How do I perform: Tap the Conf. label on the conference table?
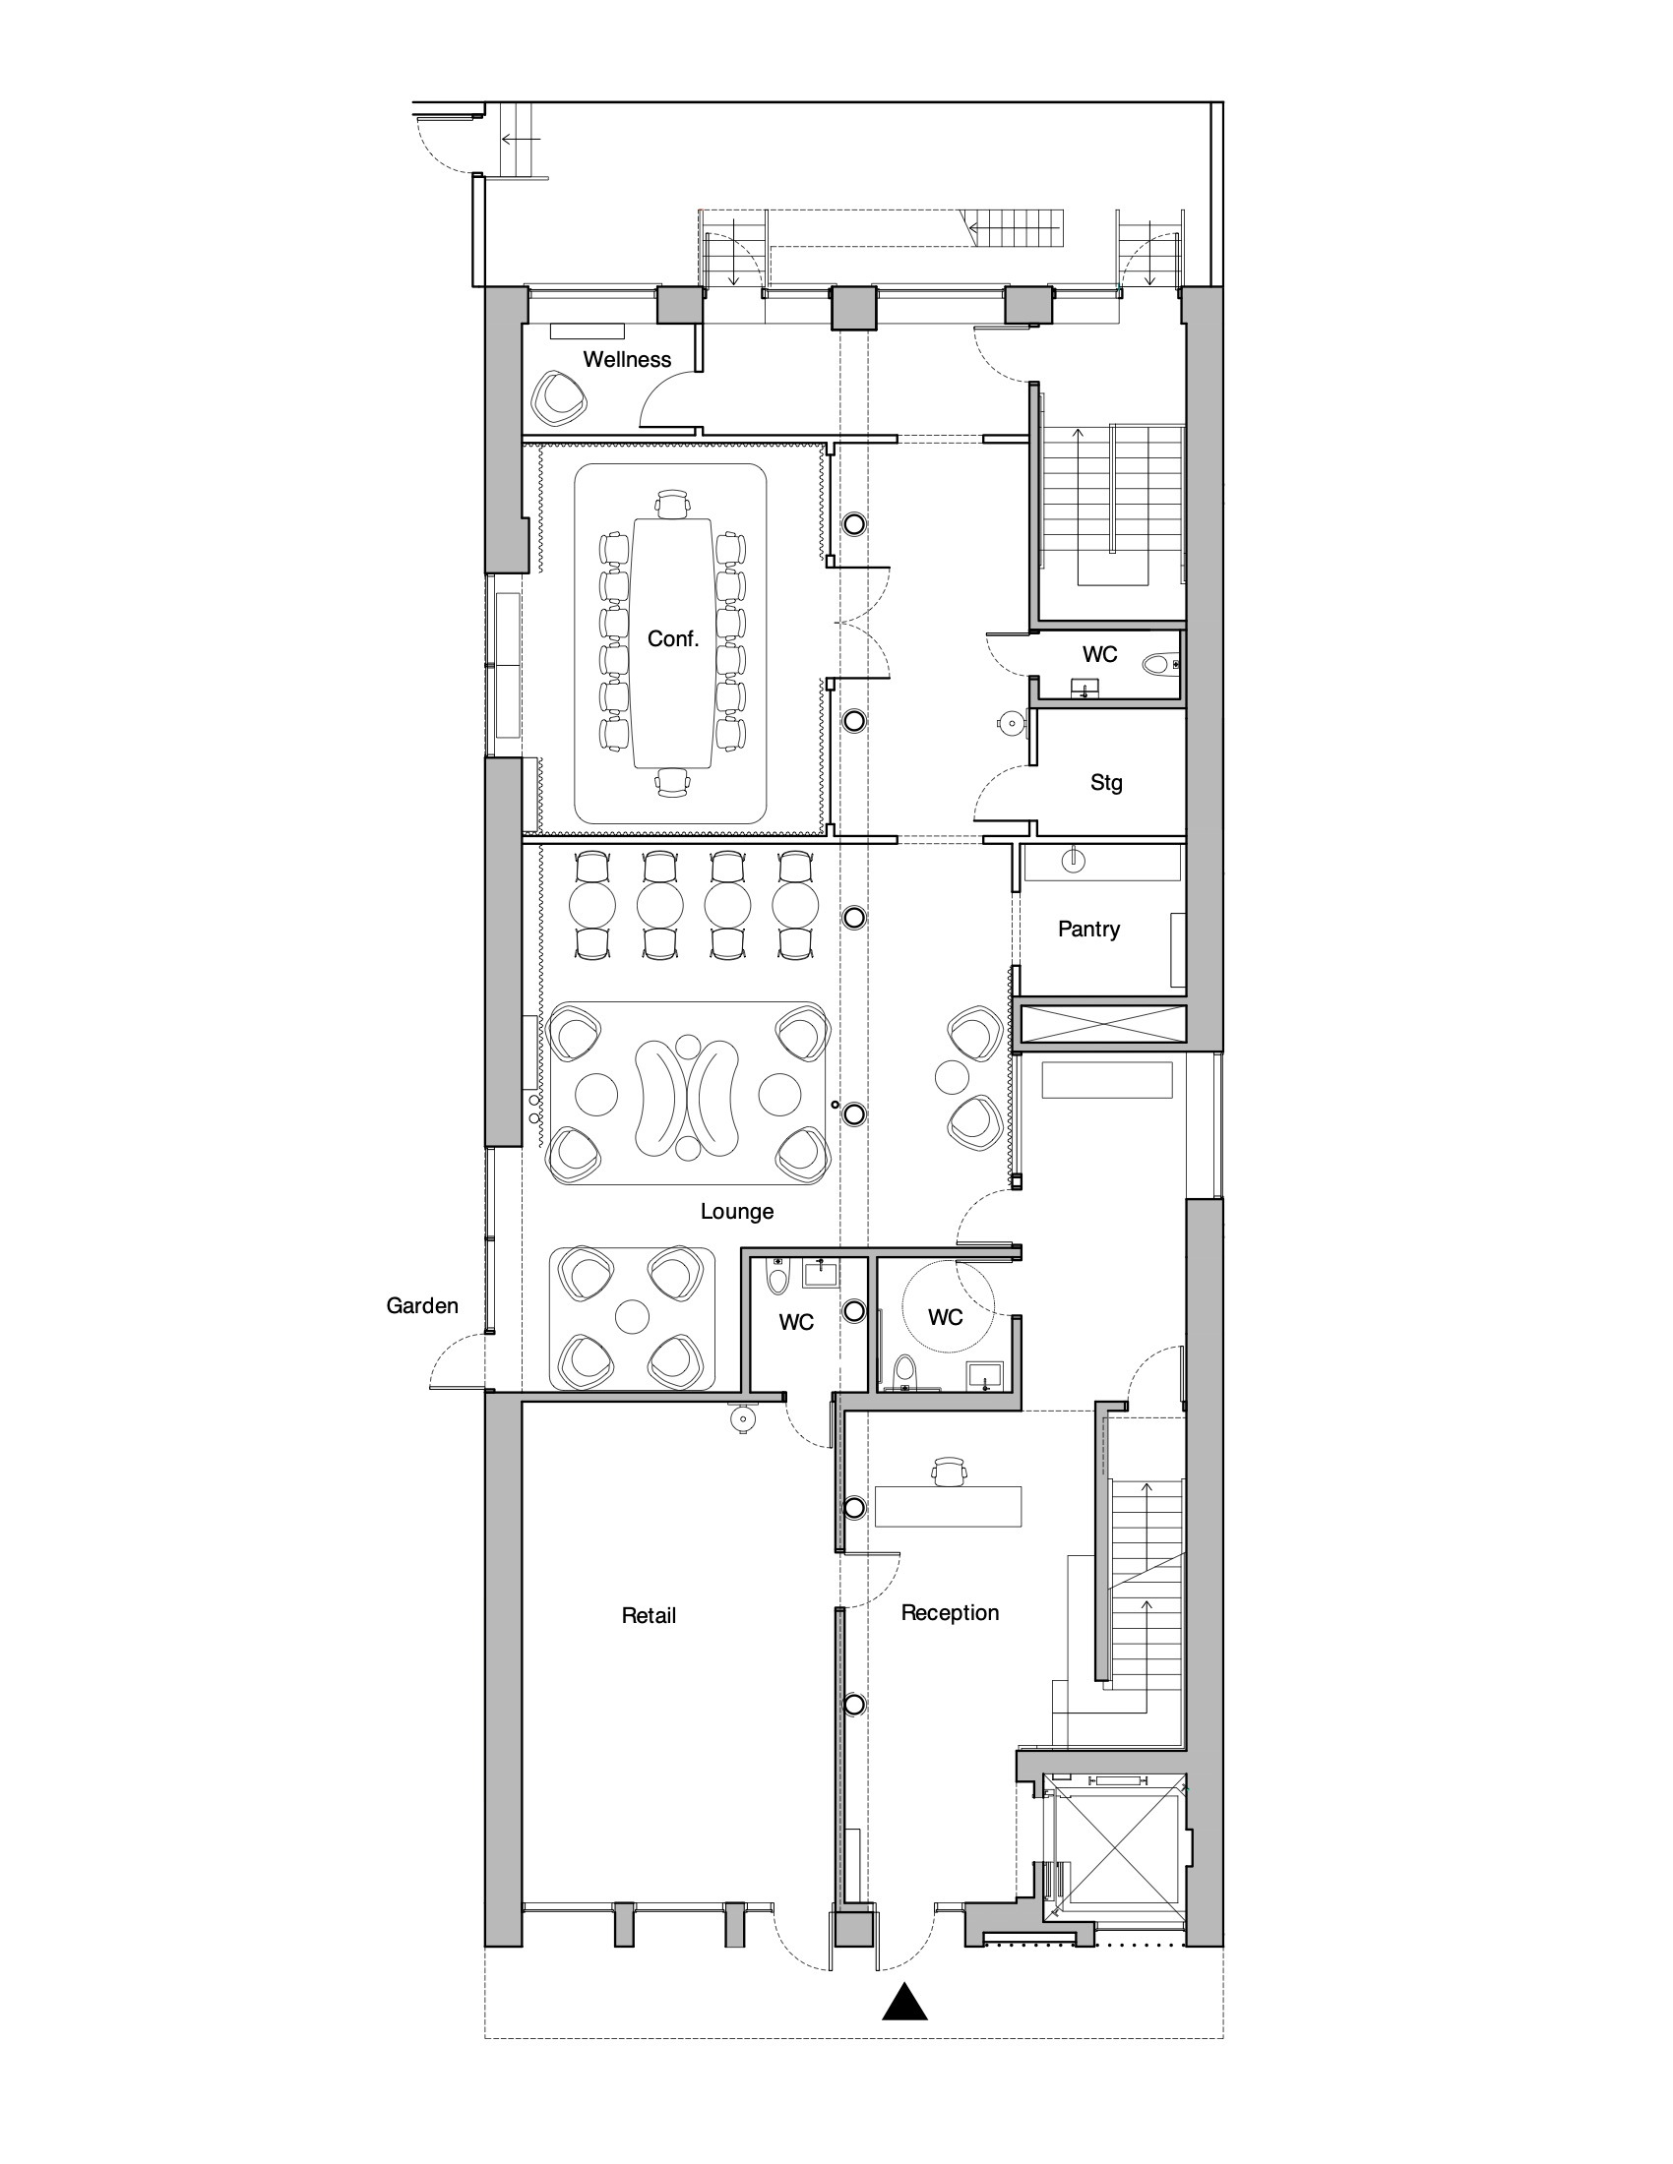673,639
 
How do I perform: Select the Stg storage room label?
1106,783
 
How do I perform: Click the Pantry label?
1088,930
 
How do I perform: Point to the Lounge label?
736,1212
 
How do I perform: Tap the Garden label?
422,1306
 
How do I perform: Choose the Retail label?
649,1616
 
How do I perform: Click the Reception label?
950,1613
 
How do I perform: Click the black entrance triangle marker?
904,2002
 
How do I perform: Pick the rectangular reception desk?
948,1505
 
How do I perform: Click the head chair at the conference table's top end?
672,505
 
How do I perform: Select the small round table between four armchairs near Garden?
632,1316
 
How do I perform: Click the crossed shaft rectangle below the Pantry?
1101,1024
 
